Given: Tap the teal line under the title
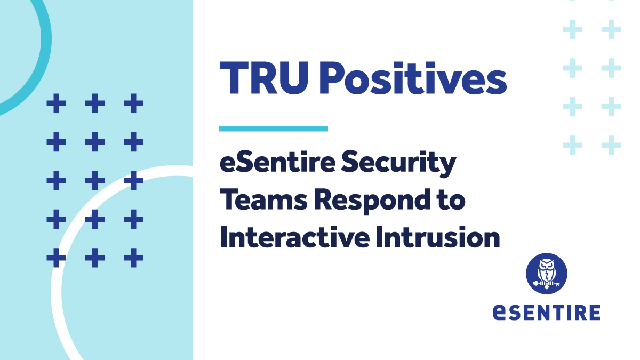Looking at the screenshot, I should (x=274, y=129).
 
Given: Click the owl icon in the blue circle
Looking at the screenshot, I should (x=546, y=274).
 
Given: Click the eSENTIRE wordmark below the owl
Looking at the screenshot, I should (x=546, y=311).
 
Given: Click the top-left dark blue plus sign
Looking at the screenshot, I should (x=56, y=103).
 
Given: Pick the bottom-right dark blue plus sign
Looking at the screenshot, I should (x=133, y=259).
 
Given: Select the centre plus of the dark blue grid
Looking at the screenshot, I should (x=95, y=181).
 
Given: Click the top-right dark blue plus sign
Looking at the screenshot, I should (x=133, y=103).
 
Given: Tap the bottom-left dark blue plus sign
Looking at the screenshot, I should (x=56, y=259).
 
